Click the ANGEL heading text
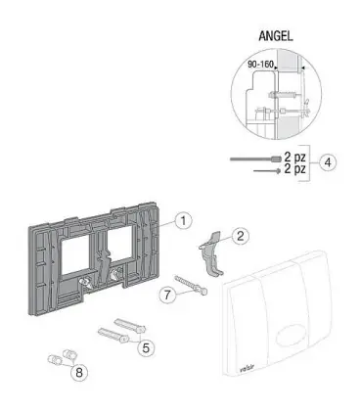click(276, 35)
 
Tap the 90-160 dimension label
click(260, 65)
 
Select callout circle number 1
click(183, 220)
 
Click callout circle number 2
click(240, 236)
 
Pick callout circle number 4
click(328, 162)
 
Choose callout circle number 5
click(146, 347)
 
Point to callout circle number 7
click(167, 295)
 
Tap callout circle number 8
click(79, 372)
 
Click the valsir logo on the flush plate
click(247, 369)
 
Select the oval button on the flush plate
click(290, 337)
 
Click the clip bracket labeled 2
click(210, 253)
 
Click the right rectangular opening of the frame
click(120, 245)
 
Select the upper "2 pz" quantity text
click(294, 158)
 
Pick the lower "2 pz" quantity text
click(294, 169)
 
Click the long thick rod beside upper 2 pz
click(255, 160)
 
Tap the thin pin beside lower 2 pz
click(267, 170)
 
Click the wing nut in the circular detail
click(306, 108)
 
